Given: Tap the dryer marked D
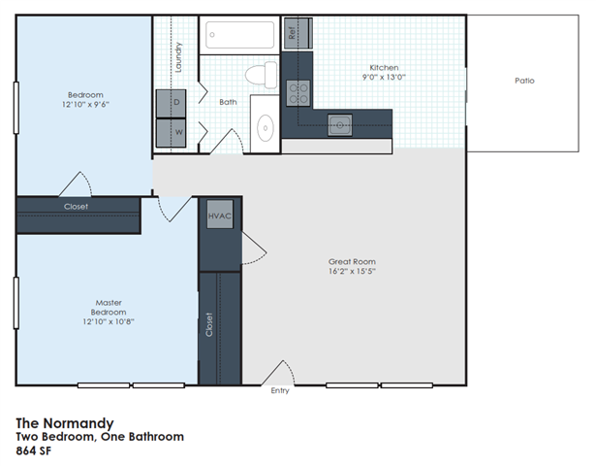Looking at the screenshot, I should [176, 102].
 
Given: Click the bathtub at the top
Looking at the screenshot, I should [240, 36].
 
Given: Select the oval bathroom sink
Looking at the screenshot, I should [266, 126].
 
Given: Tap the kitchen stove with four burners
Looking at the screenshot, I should [298, 93].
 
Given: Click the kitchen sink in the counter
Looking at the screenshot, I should [339, 122].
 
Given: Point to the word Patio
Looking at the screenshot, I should [523, 81].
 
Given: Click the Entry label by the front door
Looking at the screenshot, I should [280, 392].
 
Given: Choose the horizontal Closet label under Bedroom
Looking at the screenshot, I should [76, 207].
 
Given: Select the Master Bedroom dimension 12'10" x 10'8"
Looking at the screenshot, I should [109, 321].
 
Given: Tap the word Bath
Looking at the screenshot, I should [228, 102].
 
